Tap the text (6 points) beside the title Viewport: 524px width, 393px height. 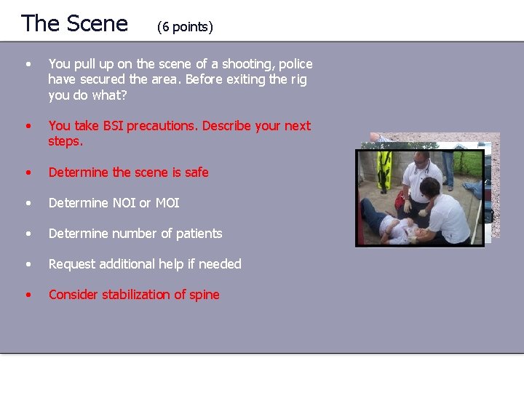pyautogui.click(x=185, y=28)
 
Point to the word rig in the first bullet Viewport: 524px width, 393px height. pyautogui.click(x=298, y=79)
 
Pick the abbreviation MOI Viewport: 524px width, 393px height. pyautogui.click(x=167, y=203)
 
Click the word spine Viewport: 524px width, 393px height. pyautogui.click(x=204, y=295)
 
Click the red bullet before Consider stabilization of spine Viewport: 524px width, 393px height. pyautogui.click(x=28, y=295)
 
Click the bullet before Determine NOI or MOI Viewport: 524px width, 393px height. pyautogui.click(x=28, y=203)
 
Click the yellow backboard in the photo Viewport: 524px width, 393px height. pyautogui.click(x=384, y=171)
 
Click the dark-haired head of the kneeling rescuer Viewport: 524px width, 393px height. pyautogui.click(x=430, y=188)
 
